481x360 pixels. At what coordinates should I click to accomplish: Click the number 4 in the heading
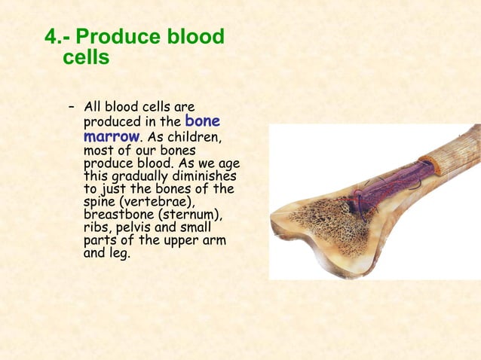coord(50,36)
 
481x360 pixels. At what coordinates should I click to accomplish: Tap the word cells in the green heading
coord(86,57)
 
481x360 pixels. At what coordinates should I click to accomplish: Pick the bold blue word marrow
coord(111,137)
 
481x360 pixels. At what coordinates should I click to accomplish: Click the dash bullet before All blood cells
coord(72,107)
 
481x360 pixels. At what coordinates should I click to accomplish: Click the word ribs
coord(95,227)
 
